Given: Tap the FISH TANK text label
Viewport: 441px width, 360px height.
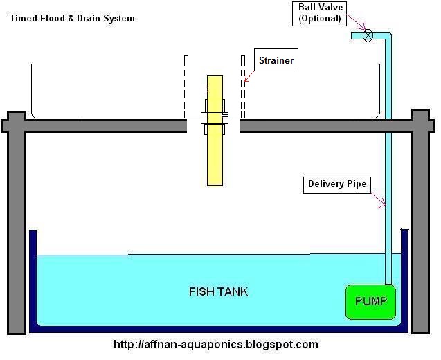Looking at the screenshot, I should click(x=218, y=291).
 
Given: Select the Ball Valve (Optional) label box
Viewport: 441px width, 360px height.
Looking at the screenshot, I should click(x=320, y=12).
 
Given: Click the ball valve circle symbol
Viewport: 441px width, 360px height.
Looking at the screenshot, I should click(x=368, y=35).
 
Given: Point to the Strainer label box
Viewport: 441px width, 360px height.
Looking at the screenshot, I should click(x=276, y=60).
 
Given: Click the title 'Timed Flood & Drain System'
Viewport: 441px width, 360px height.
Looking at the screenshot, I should click(x=72, y=18).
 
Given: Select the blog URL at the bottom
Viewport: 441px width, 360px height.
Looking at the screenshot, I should click(x=215, y=344).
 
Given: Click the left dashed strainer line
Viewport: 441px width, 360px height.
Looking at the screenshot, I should click(x=186, y=87).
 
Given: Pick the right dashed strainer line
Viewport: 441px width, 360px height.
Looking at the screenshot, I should click(x=243, y=87).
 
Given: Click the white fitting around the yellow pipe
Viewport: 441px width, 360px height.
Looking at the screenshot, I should click(x=215, y=118).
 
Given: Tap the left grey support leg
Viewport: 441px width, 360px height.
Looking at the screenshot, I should click(x=17, y=228).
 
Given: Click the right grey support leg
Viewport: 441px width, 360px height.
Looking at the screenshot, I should click(x=421, y=228).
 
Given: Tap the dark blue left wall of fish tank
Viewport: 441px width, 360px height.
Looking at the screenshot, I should click(x=32, y=277).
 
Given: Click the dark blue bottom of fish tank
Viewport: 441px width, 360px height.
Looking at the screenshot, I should click(x=218, y=330).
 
